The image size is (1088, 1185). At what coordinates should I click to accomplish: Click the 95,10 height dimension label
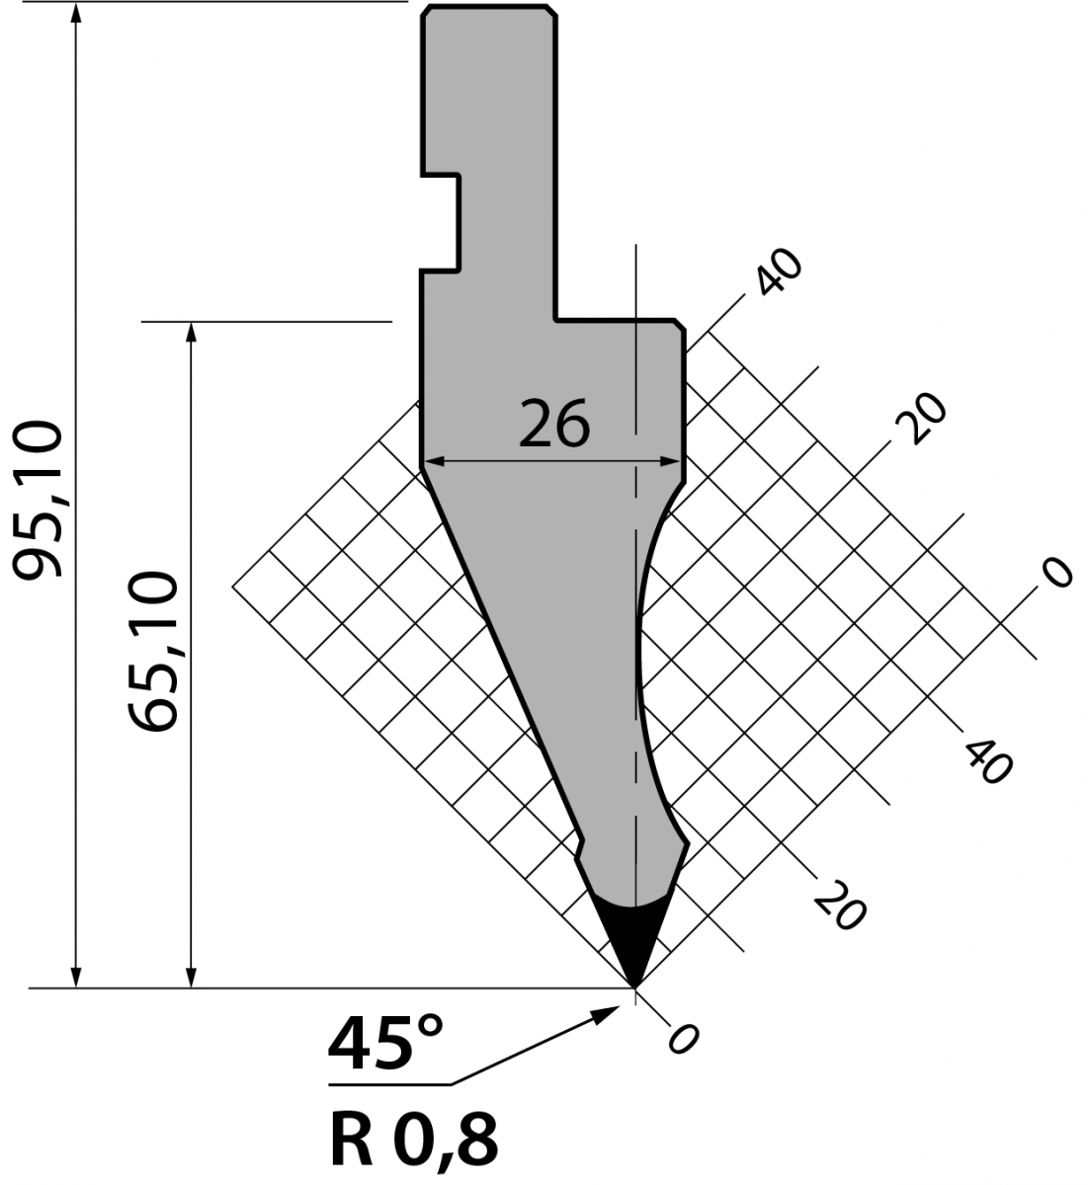38,499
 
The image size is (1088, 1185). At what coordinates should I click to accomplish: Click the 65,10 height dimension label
152,652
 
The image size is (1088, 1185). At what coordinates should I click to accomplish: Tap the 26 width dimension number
554,423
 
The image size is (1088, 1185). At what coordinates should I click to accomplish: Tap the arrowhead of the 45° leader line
606,1012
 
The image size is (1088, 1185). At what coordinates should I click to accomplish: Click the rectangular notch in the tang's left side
441,223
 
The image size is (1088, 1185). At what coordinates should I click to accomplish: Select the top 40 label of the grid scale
780,273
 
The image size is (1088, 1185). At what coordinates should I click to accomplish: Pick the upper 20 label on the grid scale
921,418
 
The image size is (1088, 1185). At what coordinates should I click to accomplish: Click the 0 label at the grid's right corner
1056,573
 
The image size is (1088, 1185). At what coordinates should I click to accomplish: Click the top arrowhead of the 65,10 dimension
191,333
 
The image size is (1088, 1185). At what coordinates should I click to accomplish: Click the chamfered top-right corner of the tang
550,11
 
